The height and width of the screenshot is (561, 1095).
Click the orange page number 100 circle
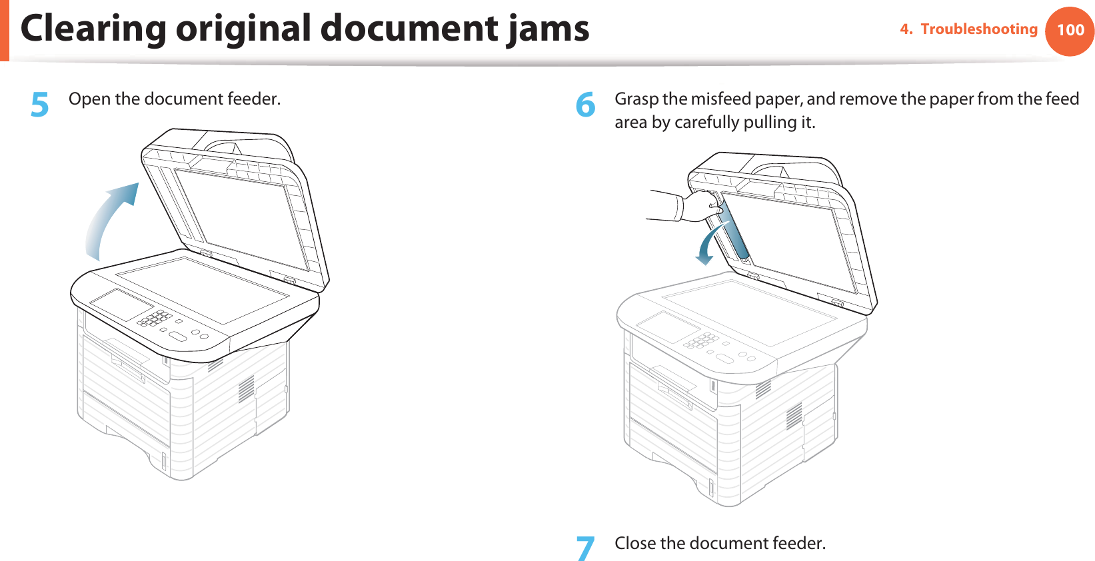1070,31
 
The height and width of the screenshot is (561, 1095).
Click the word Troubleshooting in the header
978,29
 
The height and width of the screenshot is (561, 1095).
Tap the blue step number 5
40,105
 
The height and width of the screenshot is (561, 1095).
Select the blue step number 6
585,105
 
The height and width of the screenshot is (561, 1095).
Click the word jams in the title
547,29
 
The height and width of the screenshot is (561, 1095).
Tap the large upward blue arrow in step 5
110,220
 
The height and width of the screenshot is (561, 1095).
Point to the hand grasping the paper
700,205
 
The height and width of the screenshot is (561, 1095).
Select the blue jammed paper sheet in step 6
735,230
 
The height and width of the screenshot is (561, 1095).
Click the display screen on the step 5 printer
122,304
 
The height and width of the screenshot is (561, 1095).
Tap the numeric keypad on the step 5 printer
155,318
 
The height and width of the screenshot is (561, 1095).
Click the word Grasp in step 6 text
636,99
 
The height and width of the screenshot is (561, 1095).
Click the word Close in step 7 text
635,544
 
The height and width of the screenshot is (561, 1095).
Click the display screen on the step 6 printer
668,326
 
